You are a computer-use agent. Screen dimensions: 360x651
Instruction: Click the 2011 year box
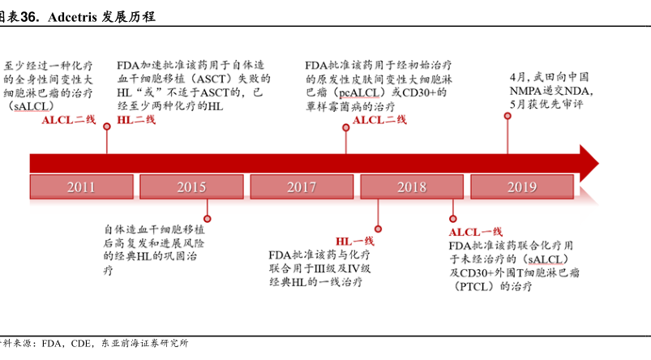81,187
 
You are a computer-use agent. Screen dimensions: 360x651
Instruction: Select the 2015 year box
192,187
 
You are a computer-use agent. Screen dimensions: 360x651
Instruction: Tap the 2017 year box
302,187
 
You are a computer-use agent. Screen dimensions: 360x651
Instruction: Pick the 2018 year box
412,187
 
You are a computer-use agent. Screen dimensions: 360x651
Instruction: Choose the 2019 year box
522,187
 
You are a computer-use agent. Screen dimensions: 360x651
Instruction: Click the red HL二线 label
136,120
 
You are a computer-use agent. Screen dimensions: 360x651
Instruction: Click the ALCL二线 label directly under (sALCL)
69,120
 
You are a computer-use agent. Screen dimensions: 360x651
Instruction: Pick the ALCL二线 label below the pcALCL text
379,120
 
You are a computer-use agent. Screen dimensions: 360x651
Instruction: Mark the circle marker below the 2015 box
208,217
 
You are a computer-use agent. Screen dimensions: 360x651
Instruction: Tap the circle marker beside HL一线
378,229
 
